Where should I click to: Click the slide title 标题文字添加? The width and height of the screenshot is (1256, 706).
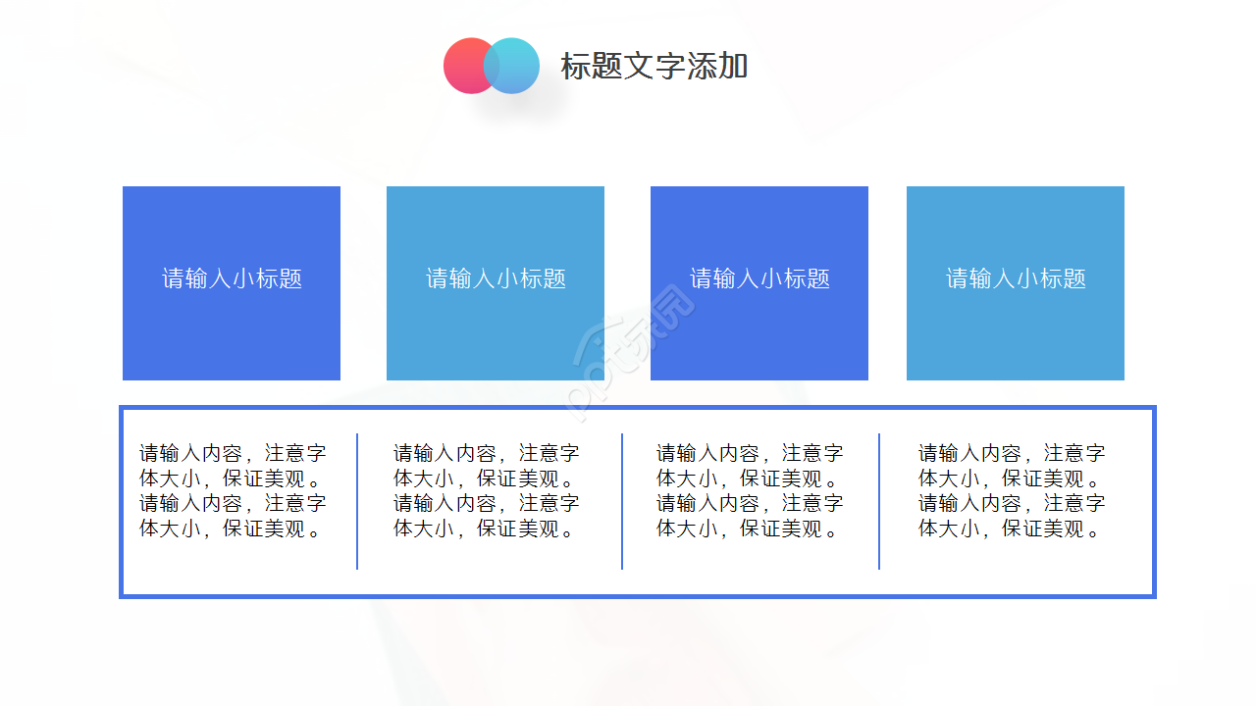[x=654, y=67]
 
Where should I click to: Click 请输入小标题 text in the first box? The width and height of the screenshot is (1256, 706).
[x=232, y=278]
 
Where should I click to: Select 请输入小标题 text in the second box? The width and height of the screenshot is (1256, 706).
[x=496, y=278]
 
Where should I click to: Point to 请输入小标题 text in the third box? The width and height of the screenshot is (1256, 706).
[x=759, y=278]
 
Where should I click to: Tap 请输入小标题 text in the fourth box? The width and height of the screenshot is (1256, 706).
[x=1016, y=278]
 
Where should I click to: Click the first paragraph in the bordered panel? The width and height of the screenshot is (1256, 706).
[x=233, y=491]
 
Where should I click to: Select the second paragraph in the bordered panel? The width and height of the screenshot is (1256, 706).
[x=487, y=491]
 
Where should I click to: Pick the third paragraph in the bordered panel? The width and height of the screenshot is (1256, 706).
[x=750, y=491]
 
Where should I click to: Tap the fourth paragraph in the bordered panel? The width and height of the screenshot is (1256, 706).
[x=1012, y=491]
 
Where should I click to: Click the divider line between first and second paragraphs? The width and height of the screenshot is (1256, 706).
[x=357, y=501]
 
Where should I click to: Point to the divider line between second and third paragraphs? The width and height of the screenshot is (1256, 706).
[x=622, y=501]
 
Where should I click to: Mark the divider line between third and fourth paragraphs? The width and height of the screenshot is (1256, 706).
[x=879, y=501]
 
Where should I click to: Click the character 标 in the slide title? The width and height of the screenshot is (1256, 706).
[x=574, y=67]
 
